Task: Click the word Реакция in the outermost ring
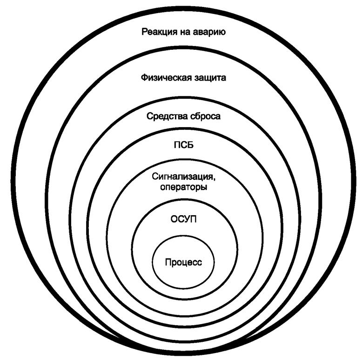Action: point(158,33)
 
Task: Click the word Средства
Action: point(168,116)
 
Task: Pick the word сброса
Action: point(206,116)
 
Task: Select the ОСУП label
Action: point(183,218)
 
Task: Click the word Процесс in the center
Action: point(183,262)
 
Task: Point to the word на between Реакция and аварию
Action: point(183,33)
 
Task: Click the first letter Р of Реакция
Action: point(144,33)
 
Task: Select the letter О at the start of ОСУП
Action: point(174,218)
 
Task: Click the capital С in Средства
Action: point(149,116)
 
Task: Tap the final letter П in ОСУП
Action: point(192,218)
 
